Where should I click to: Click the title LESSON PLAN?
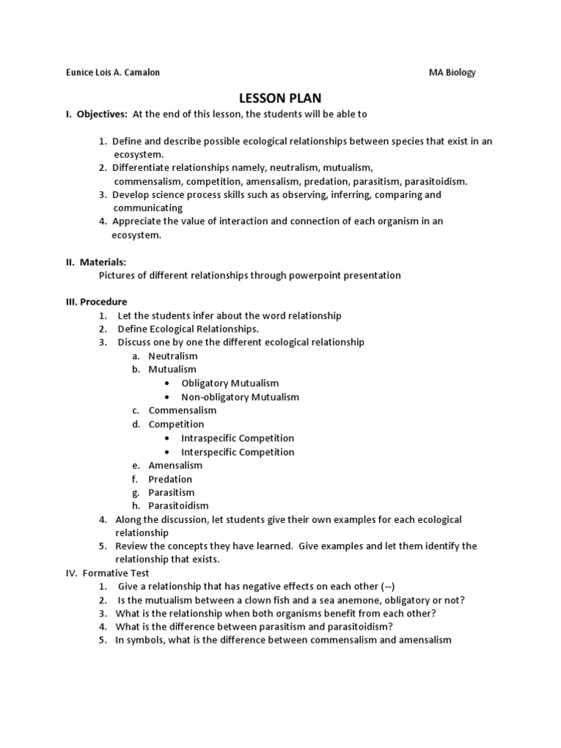click(x=280, y=99)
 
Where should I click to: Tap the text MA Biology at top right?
click(x=451, y=72)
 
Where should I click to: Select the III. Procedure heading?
click(x=96, y=302)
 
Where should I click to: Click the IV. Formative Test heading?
click(x=108, y=573)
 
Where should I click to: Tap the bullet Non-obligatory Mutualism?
click(x=240, y=397)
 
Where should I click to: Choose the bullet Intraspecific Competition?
click(x=237, y=438)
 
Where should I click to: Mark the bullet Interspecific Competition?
click(x=237, y=451)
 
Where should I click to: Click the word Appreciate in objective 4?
click(x=140, y=221)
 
